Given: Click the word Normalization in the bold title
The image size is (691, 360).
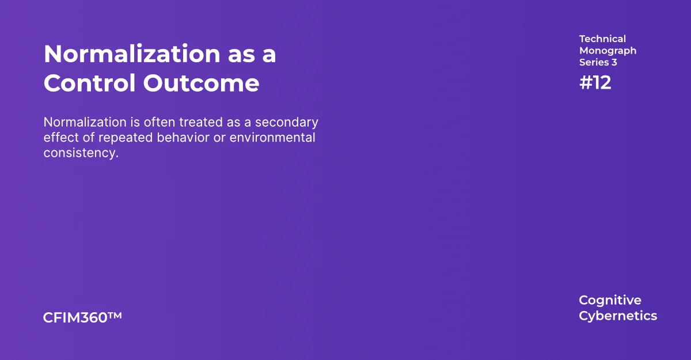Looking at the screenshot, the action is [x=132, y=54].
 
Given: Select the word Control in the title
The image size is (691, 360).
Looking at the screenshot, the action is [x=90, y=84].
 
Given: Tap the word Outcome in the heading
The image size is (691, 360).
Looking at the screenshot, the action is [x=201, y=84].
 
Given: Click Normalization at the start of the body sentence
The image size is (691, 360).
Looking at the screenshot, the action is [x=85, y=122].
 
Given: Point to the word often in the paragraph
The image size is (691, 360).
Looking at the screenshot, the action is [x=160, y=122].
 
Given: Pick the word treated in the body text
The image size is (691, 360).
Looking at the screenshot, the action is [x=201, y=122].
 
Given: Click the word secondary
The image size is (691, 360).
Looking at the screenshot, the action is [x=287, y=123].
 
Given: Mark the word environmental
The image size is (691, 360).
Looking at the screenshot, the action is [x=272, y=138].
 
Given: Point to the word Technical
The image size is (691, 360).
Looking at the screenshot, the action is [x=602, y=39].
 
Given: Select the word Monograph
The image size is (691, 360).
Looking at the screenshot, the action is [x=608, y=51].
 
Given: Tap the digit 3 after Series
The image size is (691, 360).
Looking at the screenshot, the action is [x=614, y=62].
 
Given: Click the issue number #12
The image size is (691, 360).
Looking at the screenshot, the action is [x=595, y=83].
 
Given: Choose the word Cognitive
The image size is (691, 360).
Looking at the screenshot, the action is [x=610, y=301].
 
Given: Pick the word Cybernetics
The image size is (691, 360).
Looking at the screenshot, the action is [x=618, y=316].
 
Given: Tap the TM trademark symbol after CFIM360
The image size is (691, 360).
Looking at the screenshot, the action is [x=115, y=316].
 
